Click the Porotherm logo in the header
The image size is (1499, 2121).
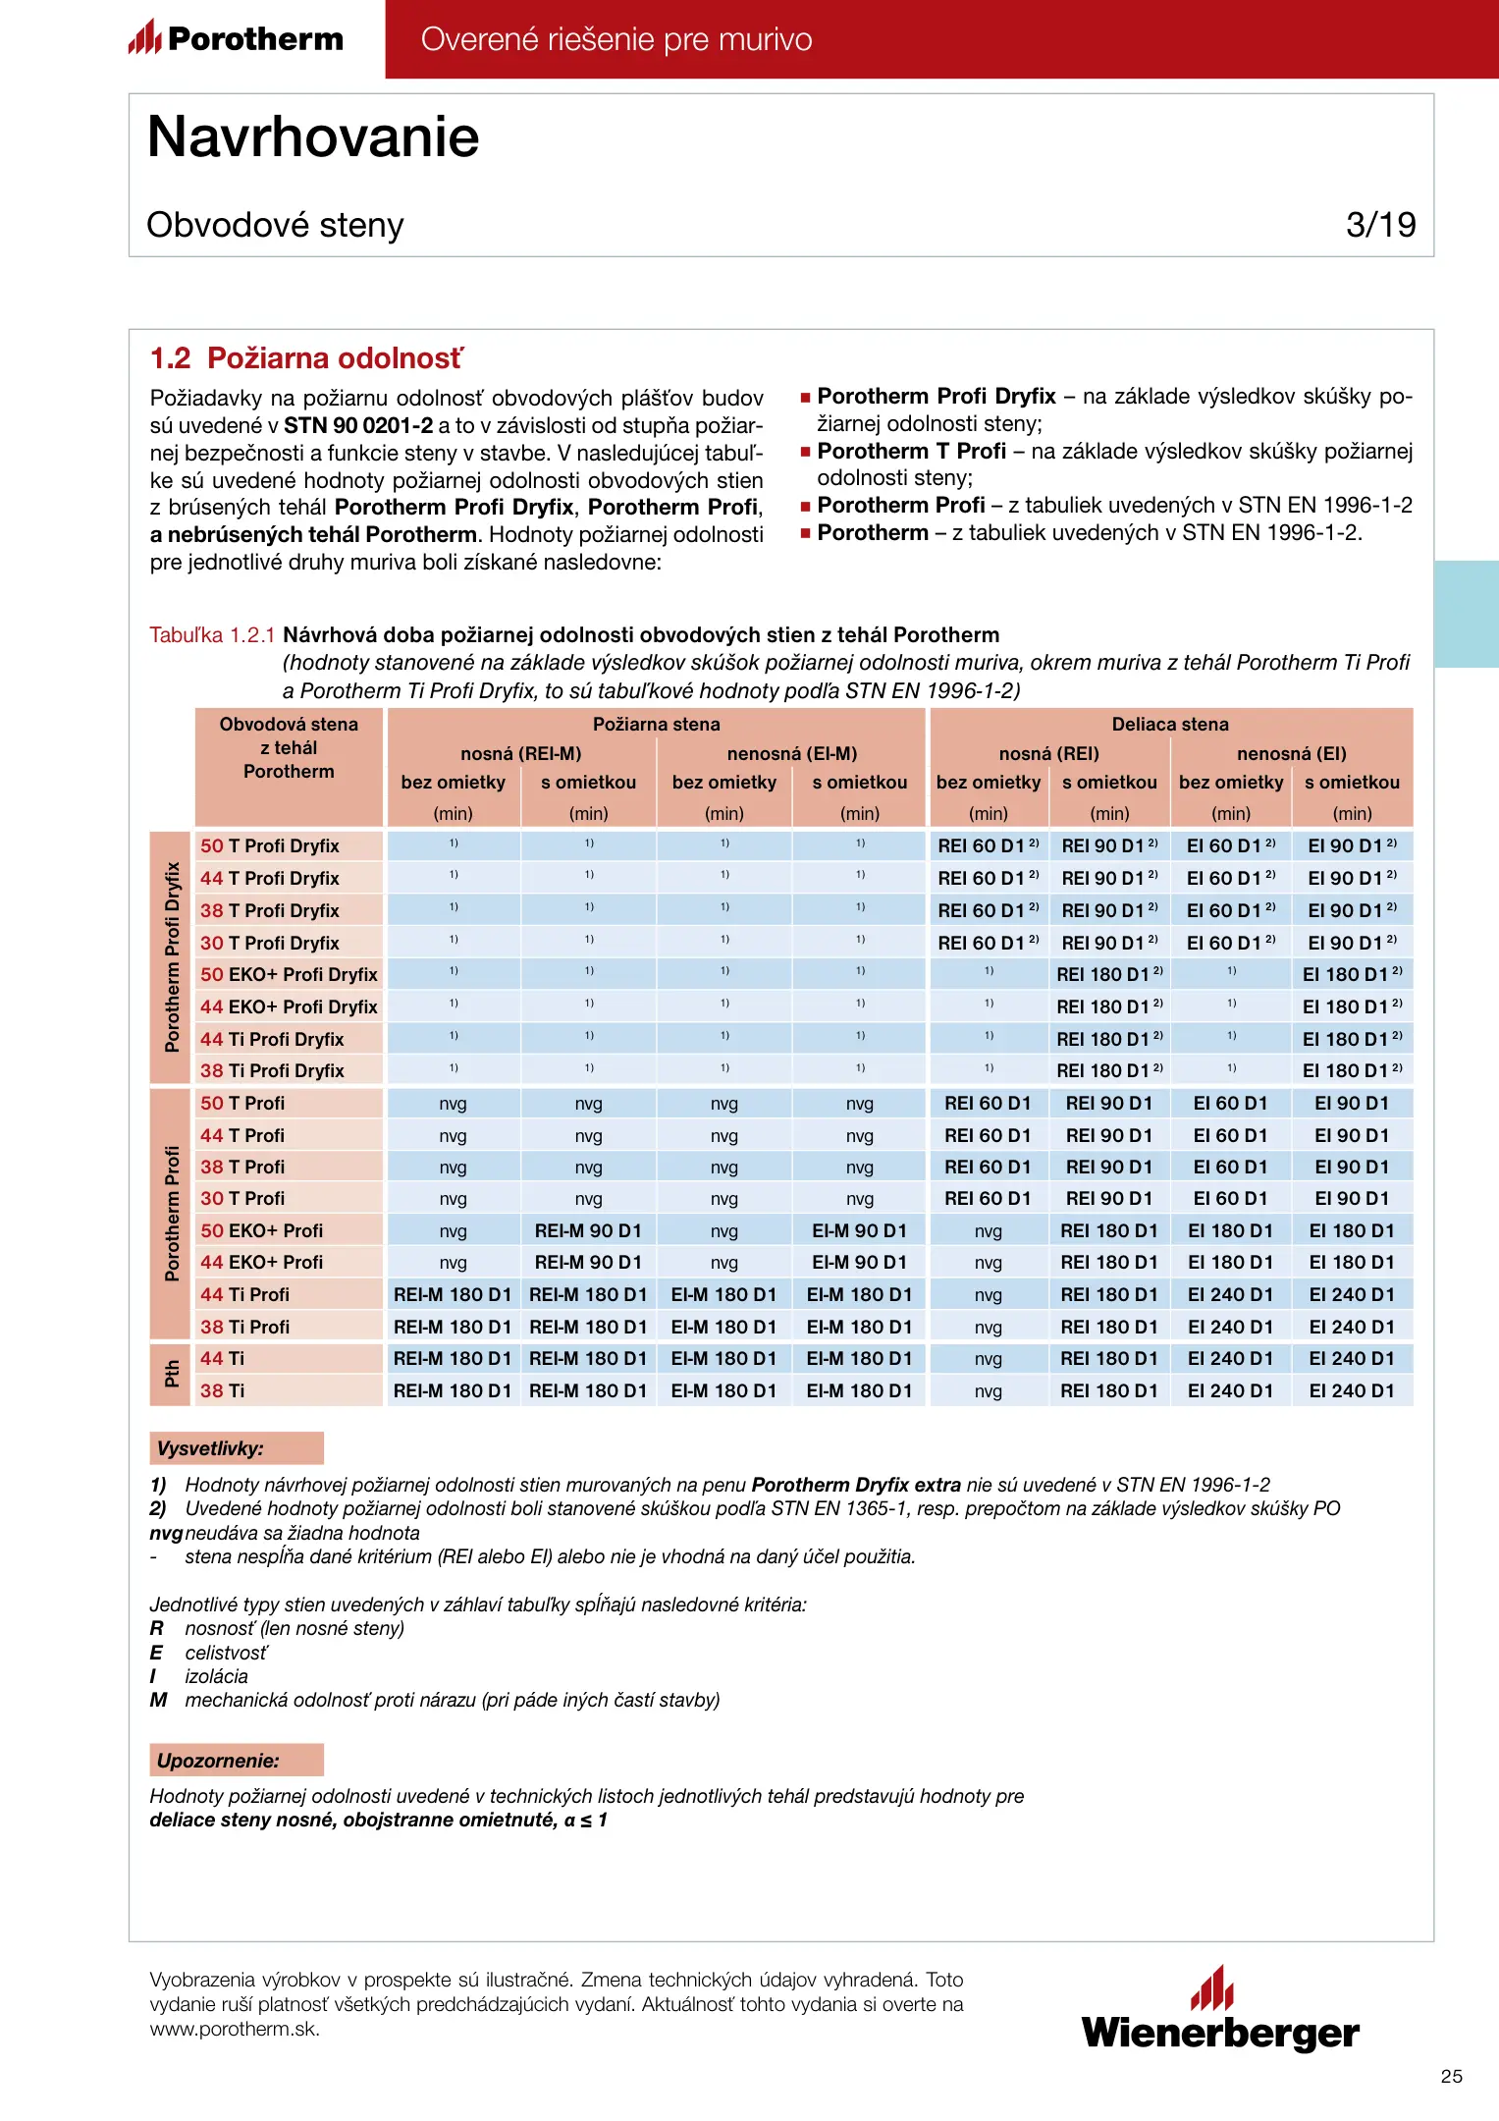[x=236, y=38]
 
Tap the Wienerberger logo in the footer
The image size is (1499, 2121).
[x=1220, y=2009]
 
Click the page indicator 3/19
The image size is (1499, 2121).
[x=1380, y=225]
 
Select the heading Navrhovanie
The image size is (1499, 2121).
[x=313, y=136]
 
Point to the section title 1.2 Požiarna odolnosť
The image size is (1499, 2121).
[x=305, y=358]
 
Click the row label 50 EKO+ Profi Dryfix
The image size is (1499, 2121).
[x=289, y=974]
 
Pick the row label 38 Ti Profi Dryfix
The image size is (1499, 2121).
[x=272, y=1070]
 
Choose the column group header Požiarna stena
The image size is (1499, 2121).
[x=656, y=724]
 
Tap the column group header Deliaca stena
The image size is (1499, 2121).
[x=1170, y=724]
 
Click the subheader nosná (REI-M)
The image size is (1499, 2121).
[x=520, y=753]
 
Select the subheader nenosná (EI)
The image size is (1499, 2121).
[x=1291, y=753]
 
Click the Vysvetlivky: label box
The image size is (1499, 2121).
[x=236, y=1448]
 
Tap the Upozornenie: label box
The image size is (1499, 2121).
[x=236, y=1761]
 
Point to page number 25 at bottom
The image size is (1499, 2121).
[x=1451, y=2076]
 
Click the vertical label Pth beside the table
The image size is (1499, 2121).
[x=172, y=1374]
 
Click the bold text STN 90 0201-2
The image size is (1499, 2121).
[x=358, y=425]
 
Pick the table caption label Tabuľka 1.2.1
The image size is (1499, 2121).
[x=212, y=635]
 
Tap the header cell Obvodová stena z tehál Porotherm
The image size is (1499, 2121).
[x=289, y=748]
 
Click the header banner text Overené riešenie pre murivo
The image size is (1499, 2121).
[x=616, y=39]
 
